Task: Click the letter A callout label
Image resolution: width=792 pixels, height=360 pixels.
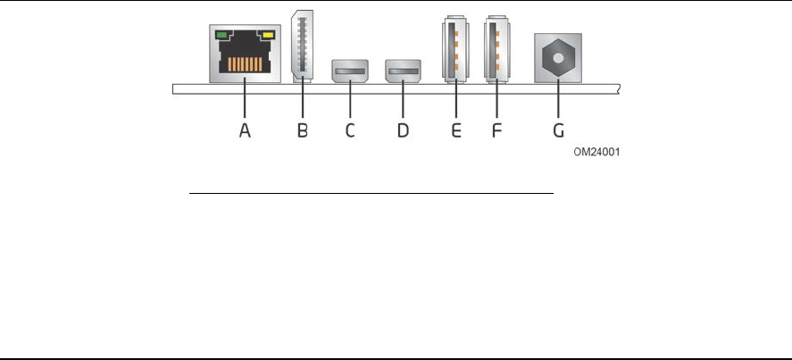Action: coord(246,131)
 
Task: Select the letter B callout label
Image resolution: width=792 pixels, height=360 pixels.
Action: coord(302,131)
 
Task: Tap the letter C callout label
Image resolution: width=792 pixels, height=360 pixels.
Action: coord(350,131)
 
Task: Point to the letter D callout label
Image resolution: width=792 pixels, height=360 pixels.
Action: coord(403,131)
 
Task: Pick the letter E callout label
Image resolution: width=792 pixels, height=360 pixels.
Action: coord(455,131)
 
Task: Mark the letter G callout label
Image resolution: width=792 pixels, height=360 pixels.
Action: coord(558,131)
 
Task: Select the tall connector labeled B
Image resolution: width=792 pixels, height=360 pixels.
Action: coord(302,45)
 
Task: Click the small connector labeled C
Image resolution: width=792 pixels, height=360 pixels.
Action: coord(350,71)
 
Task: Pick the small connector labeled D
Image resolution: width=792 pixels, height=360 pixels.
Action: coord(403,71)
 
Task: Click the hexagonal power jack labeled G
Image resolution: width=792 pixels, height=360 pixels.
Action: coord(558,57)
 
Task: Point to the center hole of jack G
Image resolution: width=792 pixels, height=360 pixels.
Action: coord(558,57)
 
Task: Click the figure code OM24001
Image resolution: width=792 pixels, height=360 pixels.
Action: coord(596,153)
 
